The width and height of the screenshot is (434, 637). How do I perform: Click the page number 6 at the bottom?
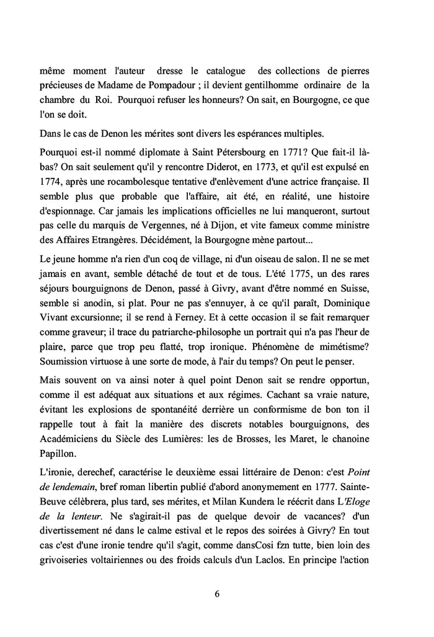[x=217, y=593]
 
